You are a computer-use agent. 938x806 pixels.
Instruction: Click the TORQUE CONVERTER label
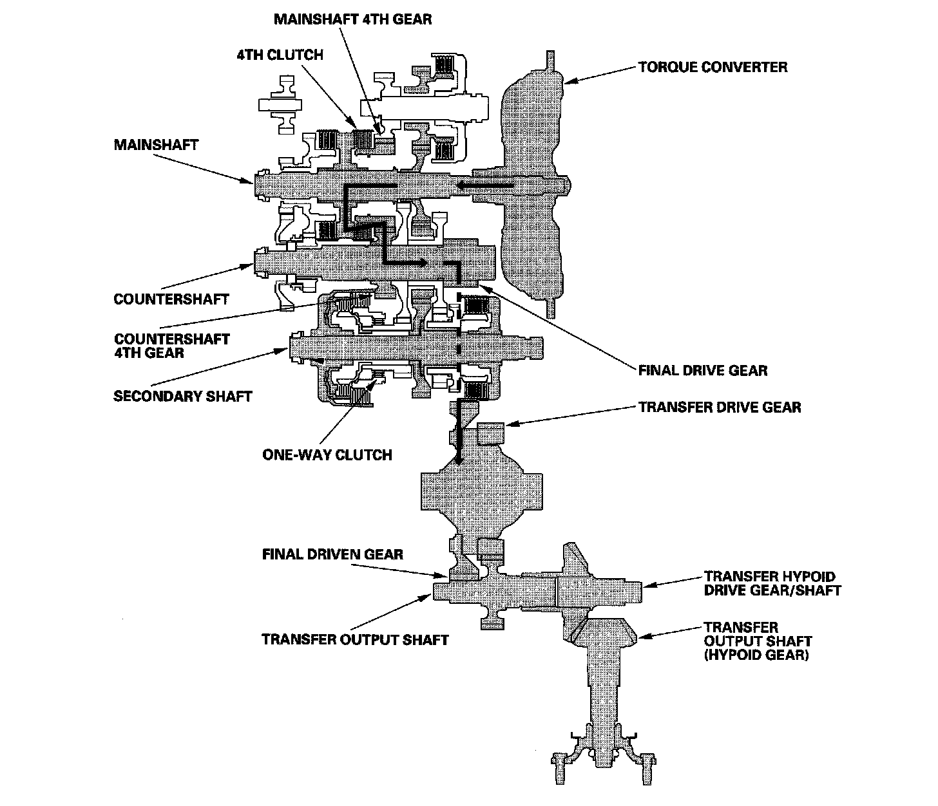pos(713,67)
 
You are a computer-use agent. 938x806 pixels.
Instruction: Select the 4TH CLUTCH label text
pos(279,55)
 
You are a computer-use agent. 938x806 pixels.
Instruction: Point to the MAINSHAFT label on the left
pos(156,145)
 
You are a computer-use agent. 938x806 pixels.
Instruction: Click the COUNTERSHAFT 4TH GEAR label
pos(171,346)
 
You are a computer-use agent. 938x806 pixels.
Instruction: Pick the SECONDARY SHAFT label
pos(182,395)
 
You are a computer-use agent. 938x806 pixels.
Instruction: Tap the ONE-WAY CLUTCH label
pos(327,455)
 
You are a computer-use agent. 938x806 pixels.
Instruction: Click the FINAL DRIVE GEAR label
pos(702,370)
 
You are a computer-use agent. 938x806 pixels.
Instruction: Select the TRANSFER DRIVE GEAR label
pos(720,407)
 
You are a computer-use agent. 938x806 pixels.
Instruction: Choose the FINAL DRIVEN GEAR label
pos(332,554)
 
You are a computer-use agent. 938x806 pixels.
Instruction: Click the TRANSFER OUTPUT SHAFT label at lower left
pos(355,639)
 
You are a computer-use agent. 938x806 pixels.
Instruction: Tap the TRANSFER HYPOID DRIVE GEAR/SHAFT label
pos(772,583)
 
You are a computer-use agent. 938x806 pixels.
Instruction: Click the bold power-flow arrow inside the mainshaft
pos(484,186)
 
